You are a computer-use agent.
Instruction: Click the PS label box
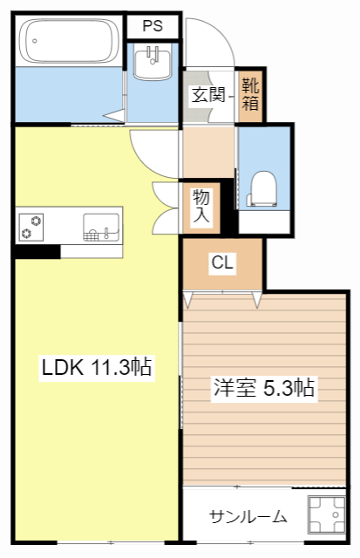click(x=153, y=25)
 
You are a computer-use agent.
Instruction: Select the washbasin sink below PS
click(x=154, y=62)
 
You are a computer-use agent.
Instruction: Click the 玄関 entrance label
click(x=208, y=93)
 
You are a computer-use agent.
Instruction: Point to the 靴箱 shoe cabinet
click(x=250, y=94)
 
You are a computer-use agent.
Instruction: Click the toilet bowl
click(x=262, y=186)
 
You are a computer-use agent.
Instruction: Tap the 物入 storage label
click(x=201, y=206)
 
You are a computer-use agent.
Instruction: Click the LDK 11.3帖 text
click(x=97, y=368)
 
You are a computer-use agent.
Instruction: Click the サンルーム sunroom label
click(x=248, y=517)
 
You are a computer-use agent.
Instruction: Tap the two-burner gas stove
click(x=31, y=226)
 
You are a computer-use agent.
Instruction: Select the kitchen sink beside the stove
click(x=99, y=227)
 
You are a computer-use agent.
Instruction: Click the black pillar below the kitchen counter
click(x=36, y=251)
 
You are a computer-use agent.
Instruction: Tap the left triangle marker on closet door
click(x=188, y=300)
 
